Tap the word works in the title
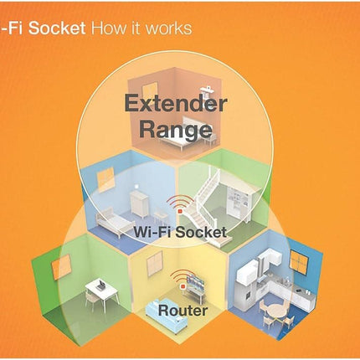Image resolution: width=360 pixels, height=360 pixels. pos(169,28)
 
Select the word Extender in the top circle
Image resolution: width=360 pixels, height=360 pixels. pos(175,103)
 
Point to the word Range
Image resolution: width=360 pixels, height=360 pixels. pos(176,129)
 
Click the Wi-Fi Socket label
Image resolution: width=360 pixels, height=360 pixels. pos(180,232)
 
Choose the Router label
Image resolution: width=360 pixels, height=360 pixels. pos(183,311)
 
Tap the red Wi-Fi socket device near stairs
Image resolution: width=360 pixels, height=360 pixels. pos(180,211)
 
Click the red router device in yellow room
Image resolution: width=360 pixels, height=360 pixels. pos(183,285)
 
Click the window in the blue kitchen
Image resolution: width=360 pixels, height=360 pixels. pos(299,262)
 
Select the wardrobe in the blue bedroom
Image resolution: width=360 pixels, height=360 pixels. pos(139,203)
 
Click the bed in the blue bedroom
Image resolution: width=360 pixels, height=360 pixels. pos(115,223)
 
